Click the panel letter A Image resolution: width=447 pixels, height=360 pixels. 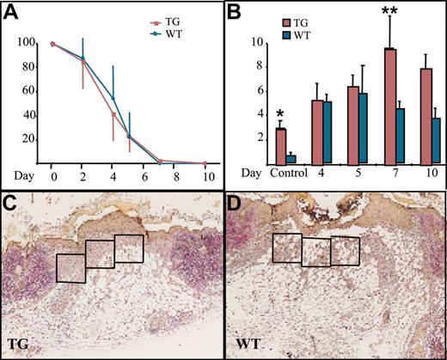coord(14,13)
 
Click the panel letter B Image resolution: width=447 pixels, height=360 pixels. coord(234,12)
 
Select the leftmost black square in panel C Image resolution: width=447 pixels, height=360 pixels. coord(70,267)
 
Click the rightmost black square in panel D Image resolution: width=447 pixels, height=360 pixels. coord(346,251)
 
